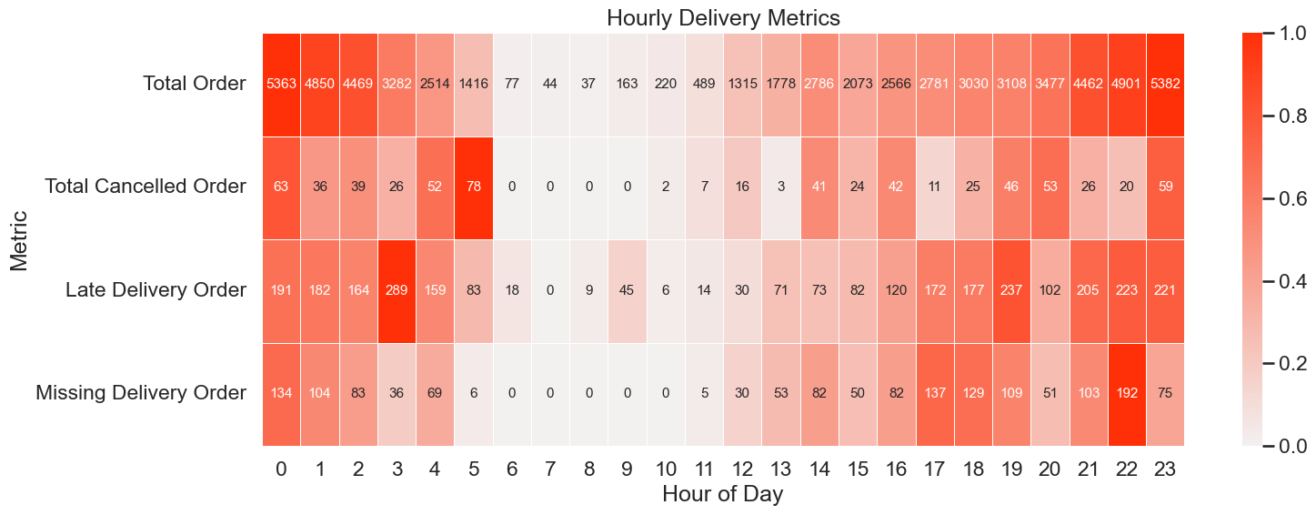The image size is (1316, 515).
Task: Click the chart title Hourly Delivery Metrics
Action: [723, 17]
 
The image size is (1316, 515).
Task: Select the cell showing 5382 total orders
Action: [1165, 84]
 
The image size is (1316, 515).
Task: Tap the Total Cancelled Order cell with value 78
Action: [474, 187]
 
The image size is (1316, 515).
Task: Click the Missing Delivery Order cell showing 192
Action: [1127, 393]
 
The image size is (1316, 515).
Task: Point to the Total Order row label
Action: [194, 84]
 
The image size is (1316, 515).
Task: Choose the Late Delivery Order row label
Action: [156, 290]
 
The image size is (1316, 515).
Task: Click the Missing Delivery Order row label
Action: [141, 393]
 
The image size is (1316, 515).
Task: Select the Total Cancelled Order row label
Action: [146, 187]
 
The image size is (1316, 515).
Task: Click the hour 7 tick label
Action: [550, 469]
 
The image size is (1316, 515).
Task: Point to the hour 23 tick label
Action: [1165, 469]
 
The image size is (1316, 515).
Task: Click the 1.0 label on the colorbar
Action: [1281, 34]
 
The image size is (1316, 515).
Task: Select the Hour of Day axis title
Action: [723, 495]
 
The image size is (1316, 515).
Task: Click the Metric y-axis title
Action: [19, 239]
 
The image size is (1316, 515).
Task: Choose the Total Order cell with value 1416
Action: [474, 84]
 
